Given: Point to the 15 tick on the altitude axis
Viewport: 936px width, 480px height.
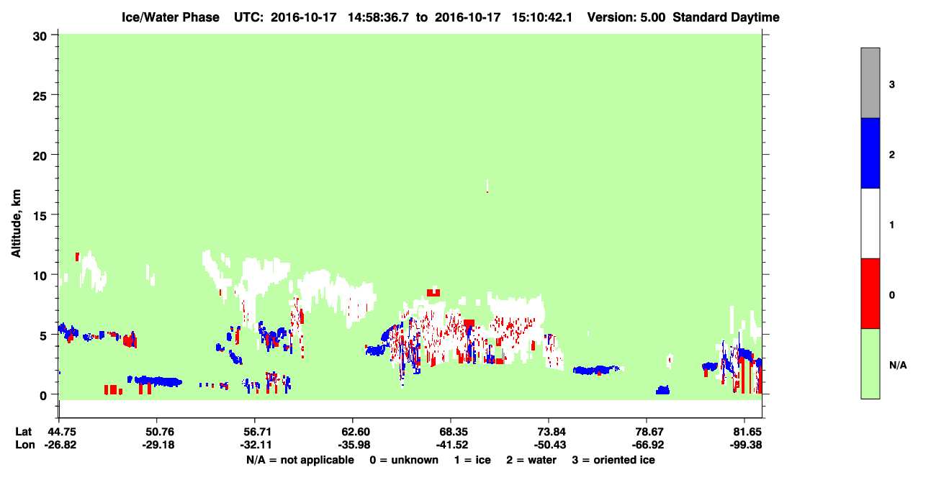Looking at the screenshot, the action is (55, 214).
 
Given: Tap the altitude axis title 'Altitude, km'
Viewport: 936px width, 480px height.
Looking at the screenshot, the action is (16, 224).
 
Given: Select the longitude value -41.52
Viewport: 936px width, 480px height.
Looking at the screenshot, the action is (451, 445).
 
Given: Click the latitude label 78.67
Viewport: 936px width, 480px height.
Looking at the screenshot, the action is (647, 432).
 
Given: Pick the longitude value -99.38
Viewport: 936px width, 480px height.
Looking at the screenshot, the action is (746, 445).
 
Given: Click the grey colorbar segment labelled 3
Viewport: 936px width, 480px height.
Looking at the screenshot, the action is (870, 83).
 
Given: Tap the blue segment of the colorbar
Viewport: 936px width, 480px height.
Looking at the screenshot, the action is (870, 153).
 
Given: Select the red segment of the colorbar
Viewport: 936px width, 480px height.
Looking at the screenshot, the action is (870, 294).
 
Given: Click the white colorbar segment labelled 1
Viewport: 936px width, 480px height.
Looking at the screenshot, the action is (870, 223).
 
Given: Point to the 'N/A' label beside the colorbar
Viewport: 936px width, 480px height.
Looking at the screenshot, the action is (898, 366).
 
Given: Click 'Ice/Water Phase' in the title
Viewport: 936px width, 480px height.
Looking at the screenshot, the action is (171, 17).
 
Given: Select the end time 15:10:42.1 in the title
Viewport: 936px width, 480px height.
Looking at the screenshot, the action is (542, 17).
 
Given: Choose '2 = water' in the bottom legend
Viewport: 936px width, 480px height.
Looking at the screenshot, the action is (531, 460).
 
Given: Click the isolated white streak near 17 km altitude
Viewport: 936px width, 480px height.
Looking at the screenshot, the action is (487, 186).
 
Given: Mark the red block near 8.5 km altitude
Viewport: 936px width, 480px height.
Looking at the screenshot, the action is (433, 292).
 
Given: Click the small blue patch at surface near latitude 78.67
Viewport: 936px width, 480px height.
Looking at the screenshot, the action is (662, 390).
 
